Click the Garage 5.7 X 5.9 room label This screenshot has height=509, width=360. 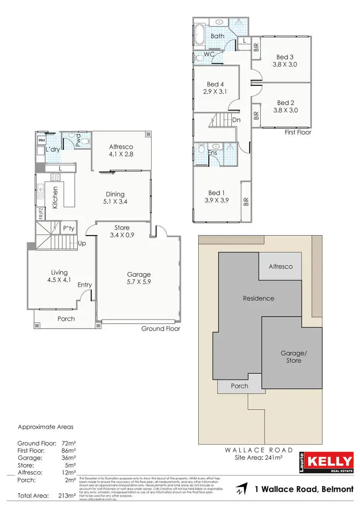click(139, 279)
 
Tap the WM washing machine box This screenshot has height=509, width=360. click(41, 140)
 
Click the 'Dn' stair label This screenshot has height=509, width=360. click(236, 120)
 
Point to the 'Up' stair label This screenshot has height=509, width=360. click(82, 243)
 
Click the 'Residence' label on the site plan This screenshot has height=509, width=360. click(259, 298)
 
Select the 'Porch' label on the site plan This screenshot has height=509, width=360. click(240, 386)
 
